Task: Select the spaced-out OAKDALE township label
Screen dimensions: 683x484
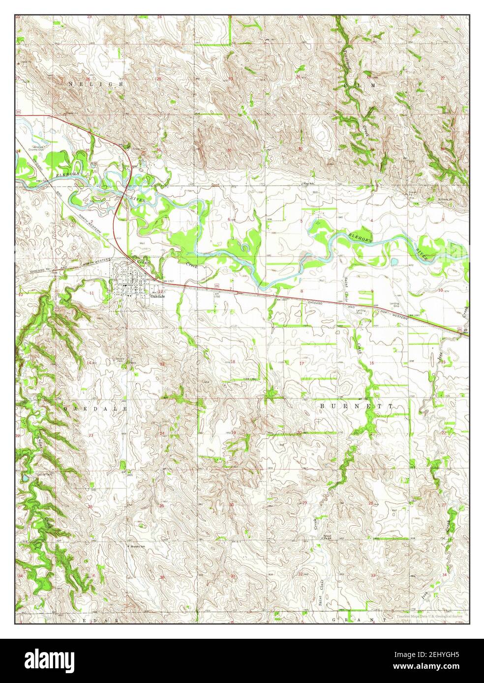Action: [95, 408]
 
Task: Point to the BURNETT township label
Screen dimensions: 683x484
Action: [357, 406]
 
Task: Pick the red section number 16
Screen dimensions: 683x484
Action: [372, 363]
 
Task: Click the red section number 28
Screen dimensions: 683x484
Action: [370, 503]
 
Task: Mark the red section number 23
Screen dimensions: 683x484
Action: [91, 435]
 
